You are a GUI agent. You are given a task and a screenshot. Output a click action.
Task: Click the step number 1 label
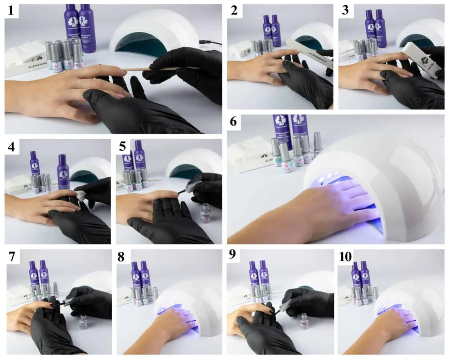tap(11, 10)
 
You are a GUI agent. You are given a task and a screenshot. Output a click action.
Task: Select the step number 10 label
tap(345, 257)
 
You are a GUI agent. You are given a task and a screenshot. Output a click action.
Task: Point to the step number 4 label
tap(11, 146)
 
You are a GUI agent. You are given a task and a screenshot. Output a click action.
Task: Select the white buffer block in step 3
tap(420, 60)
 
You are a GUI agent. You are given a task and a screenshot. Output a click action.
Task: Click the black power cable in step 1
tap(211, 43)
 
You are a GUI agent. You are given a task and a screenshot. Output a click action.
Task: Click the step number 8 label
tap(121, 257)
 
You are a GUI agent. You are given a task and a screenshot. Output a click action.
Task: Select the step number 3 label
tap(345, 10)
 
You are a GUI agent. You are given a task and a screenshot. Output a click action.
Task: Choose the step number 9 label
tap(232, 254)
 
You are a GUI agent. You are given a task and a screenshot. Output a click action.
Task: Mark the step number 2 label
tap(234, 10)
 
